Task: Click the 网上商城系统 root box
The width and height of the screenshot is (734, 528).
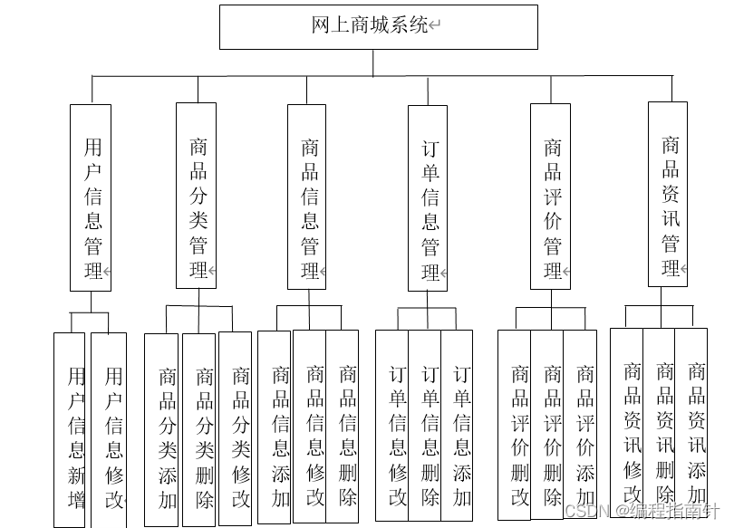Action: pos(378,26)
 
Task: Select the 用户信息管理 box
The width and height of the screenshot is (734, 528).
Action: pos(91,197)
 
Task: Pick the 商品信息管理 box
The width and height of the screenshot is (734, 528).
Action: pos(307,197)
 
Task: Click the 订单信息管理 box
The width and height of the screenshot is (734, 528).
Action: pos(428,198)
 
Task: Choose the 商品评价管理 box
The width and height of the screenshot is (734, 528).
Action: pos(550,197)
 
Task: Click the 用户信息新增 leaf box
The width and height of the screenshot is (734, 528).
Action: pos(70,429)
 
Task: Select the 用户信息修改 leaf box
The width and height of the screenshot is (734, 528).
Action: pos(109,429)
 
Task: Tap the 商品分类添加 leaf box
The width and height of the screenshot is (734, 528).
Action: pos(162,429)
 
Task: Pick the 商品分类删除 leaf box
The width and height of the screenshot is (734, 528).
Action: pos(199,429)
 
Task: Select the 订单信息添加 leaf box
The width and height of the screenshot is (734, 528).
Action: pos(459,425)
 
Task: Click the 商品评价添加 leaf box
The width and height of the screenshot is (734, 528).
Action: pos(581,424)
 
